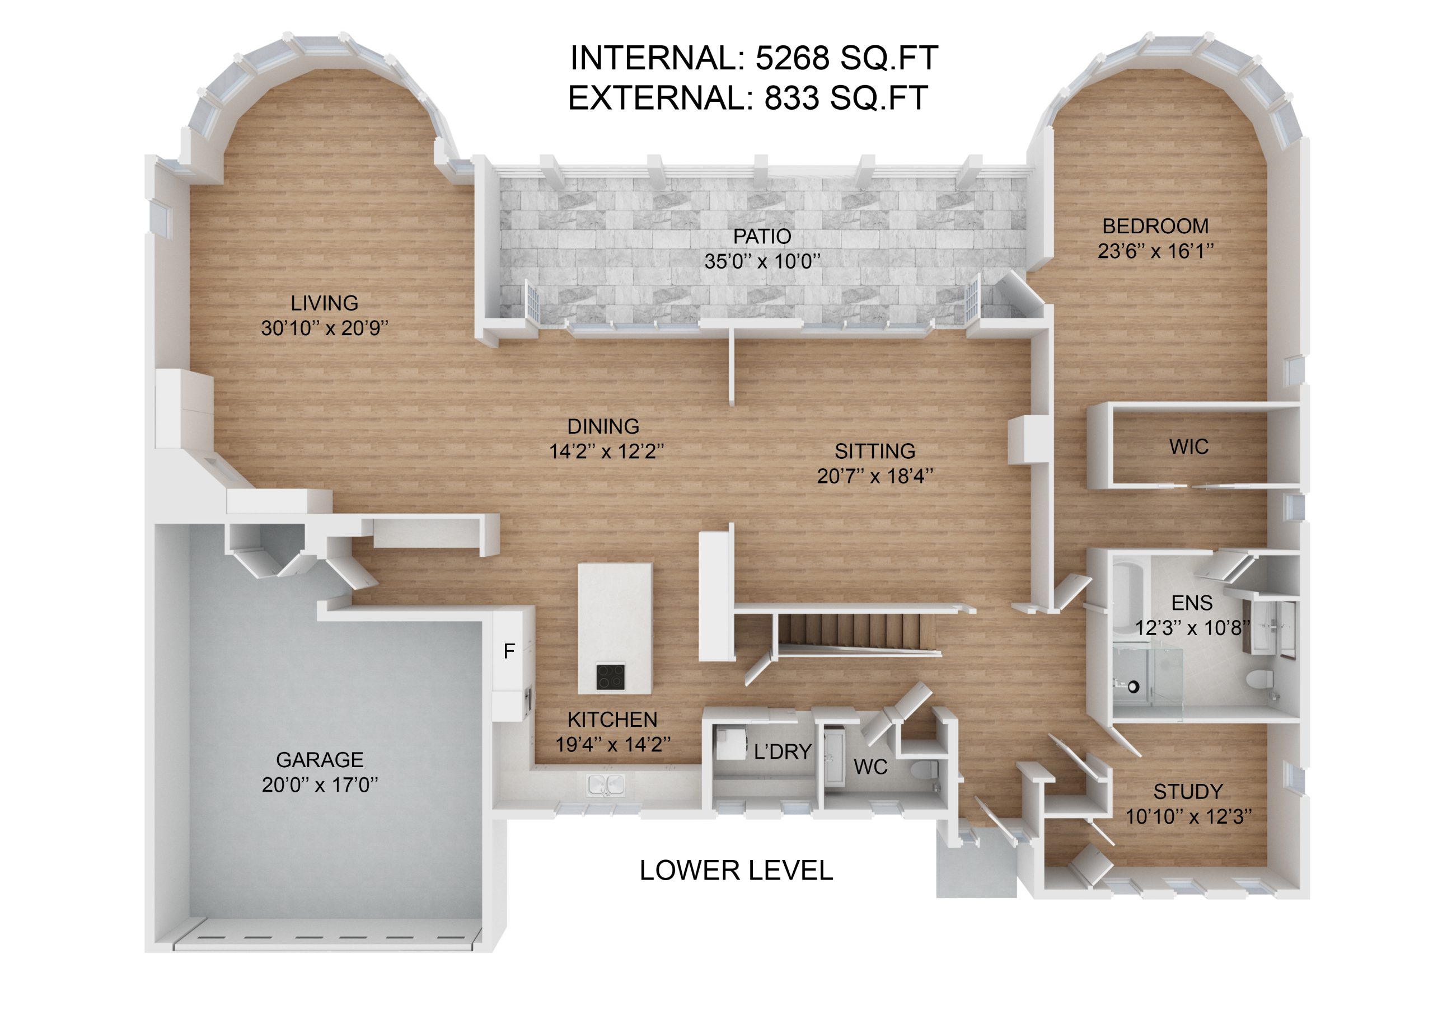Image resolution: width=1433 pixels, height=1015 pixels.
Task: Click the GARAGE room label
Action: tap(320, 759)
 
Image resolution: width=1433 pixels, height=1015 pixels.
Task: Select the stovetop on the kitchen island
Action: tap(610, 676)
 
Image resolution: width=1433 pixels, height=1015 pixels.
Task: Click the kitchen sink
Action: tap(605, 784)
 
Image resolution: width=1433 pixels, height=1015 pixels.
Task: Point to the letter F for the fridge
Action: tap(509, 651)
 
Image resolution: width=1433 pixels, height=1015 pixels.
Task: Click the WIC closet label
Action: tap(1188, 447)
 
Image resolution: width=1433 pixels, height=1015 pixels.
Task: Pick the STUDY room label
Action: tap(1188, 792)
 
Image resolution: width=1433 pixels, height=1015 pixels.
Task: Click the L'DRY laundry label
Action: tap(783, 751)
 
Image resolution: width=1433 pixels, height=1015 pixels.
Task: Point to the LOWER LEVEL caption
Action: tap(736, 870)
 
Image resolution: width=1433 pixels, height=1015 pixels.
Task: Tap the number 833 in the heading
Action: tap(792, 97)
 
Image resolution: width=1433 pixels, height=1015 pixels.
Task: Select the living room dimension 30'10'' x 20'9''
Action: tap(325, 327)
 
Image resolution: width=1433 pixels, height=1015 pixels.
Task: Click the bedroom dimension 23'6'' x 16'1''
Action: tap(1155, 251)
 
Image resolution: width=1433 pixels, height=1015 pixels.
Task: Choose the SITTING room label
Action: tap(875, 450)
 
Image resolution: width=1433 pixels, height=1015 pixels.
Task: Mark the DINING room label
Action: tap(603, 426)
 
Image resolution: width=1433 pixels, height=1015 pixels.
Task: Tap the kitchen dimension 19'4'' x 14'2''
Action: tap(613, 744)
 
